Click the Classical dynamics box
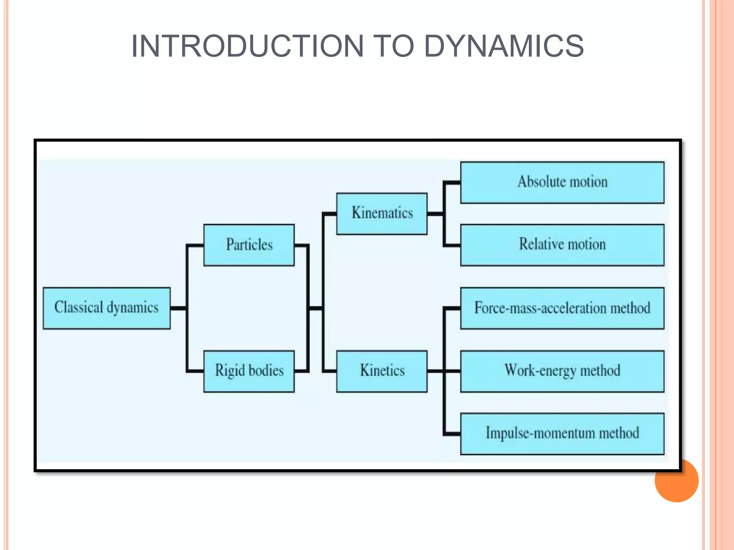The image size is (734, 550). [x=106, y=308]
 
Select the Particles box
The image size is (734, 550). [x=249, y=245]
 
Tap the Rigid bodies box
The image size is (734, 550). [x=249, y=371]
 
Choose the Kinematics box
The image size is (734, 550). [x=382, y=214]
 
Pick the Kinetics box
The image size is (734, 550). [x=382, y=371]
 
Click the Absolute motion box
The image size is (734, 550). [x=562, y=183]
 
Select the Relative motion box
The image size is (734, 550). [x=562, y=245]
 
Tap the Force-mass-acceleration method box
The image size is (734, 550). [x=562, y=308]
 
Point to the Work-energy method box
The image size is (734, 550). [x=562, y=371]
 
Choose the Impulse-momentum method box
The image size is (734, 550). [x=562, y=434]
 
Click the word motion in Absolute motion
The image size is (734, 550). [x=588, y=182]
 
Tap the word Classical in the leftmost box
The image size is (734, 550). [x=79, y=307]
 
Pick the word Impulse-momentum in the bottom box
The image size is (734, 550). [x=540, y=433]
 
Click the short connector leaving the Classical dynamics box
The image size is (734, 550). [x=178, y=308]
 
